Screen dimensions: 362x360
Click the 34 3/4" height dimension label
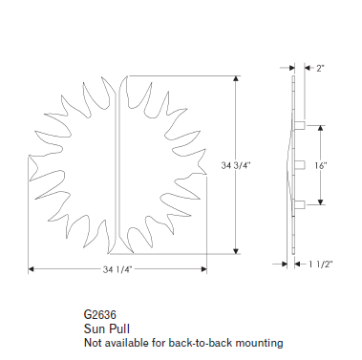(x=236, y=165)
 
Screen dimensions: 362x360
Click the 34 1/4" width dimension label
(x=117, y=269)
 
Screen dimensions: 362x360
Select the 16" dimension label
(x=321, y=165)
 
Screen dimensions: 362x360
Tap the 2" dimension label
(x=320, y=68)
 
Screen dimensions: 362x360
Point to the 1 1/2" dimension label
(x=321, y=264)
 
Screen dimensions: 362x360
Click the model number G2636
(x=100, y=314)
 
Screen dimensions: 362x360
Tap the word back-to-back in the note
(x=195, y=343)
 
